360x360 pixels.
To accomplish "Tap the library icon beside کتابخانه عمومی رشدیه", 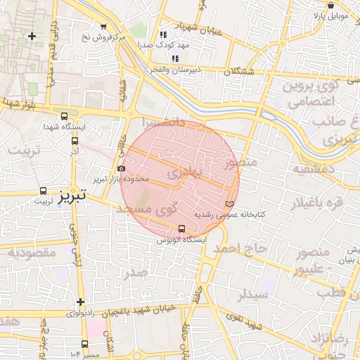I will click(x=229, y=203).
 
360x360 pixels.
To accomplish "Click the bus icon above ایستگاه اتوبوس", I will click(x=182, y=229).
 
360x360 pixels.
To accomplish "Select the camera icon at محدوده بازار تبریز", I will click(x=122, y=169).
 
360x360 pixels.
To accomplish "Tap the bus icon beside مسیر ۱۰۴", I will click(x=85, y=344).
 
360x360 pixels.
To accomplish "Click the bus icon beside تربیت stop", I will click(x=44, y=191).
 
